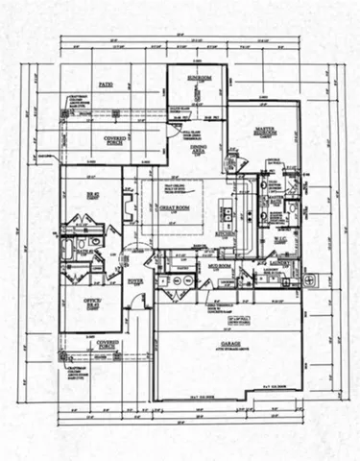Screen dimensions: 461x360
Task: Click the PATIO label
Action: tap(105, 85)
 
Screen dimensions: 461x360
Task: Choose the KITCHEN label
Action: tap(227, 233)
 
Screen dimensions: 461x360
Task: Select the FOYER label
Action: tap(135, 281)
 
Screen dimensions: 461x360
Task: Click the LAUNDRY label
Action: tap(283, 260)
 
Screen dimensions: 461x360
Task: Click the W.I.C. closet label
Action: tap(279, 230)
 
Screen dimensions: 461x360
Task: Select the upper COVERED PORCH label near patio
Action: tap(116, 141)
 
